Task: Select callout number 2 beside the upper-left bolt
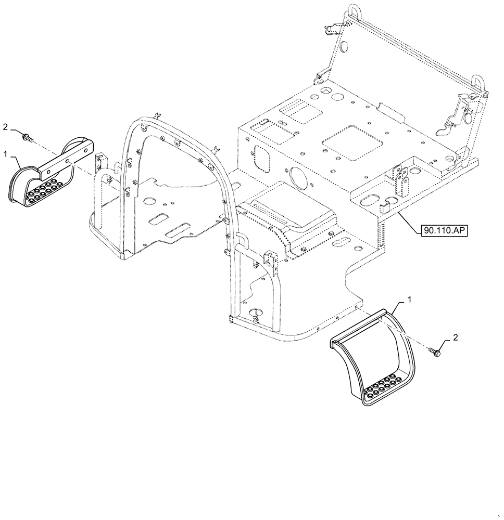(x=5, y=126)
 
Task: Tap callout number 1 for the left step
(x=5, y=154)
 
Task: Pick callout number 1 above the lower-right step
(x=410, y=300)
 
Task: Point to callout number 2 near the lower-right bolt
(x=455, y=337)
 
